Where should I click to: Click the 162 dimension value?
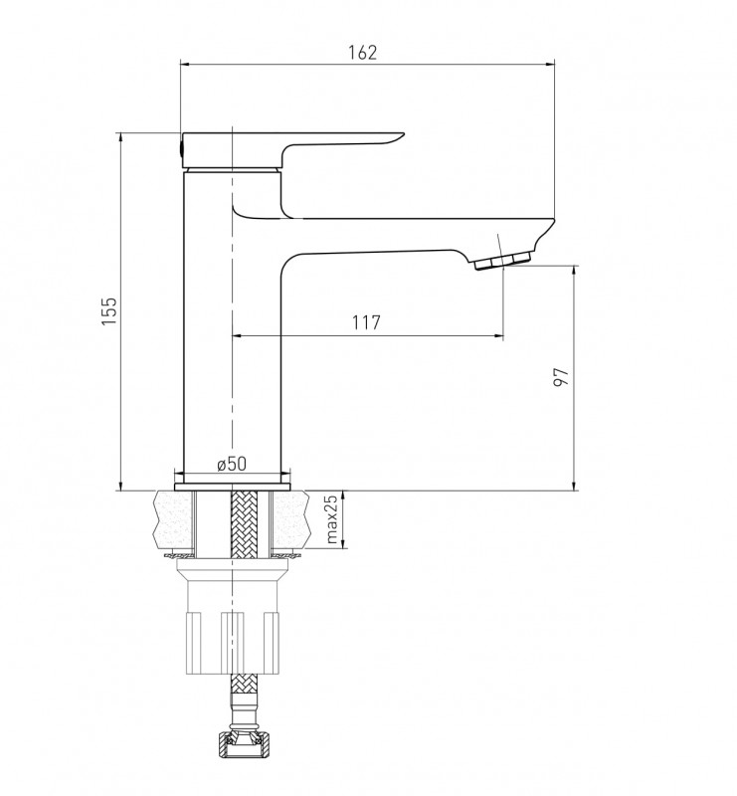(363, 53)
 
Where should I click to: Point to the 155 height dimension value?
(109, 310)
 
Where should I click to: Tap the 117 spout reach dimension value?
(366, 321)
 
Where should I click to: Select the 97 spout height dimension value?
(561, 377)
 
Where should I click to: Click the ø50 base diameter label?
(232, 464)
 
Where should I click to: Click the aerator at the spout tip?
(502, 261)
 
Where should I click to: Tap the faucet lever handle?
(292, 150)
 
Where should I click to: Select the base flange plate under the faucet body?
(232, 488)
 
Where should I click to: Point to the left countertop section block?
(174, 520)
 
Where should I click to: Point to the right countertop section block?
(289, 520)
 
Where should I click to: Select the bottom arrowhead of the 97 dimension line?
(574, 486)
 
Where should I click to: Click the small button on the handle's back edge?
(182, 149)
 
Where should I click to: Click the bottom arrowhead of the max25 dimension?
(343, 543)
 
